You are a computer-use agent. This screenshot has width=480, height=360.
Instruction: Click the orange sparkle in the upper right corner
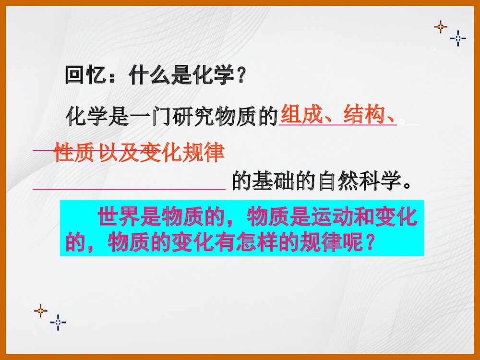(441, 27)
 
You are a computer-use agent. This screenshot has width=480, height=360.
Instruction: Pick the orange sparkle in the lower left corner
(41, 311)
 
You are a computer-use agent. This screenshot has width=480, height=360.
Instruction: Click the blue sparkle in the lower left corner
(58, 322)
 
